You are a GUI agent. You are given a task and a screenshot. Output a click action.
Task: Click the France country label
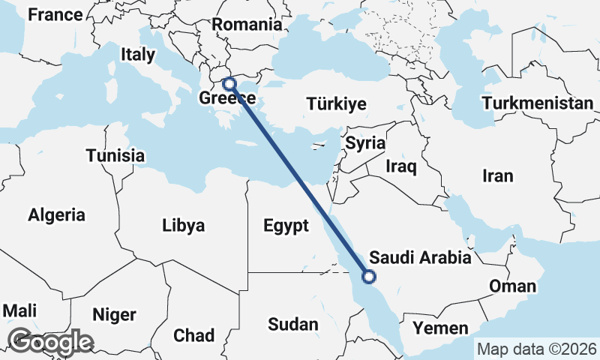pos(54,15)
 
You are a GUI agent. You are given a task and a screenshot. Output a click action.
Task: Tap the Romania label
pos(246,24)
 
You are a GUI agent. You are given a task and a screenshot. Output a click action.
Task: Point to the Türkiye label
pos(336,104)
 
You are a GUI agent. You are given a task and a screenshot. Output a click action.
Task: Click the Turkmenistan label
pos(538,103)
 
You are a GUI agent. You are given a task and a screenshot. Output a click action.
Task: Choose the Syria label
pos(365,142)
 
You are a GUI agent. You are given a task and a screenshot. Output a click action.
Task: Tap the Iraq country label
pos(401,166)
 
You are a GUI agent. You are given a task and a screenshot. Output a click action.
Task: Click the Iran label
pos(498,176)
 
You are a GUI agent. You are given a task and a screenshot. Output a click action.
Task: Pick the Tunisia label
pos(115,156)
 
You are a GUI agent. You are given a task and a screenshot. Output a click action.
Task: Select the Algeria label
pos(57,215)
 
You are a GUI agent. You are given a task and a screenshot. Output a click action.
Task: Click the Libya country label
pos(183,225)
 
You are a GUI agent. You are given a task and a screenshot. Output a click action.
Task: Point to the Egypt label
pos(286,226)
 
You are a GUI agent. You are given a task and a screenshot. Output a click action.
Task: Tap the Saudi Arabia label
pos(420,258)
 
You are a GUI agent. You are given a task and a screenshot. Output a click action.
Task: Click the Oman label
pos(512,286)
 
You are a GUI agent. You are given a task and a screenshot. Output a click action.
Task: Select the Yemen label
pos(440,328)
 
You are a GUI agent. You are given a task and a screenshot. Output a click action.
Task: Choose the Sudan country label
pos(293,325)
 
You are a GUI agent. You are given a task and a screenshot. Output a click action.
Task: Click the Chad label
pos(193,335)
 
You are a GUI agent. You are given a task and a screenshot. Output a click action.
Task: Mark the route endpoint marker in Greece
pos(229,84)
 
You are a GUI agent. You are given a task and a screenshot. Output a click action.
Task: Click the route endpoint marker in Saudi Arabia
pos(368,277)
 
